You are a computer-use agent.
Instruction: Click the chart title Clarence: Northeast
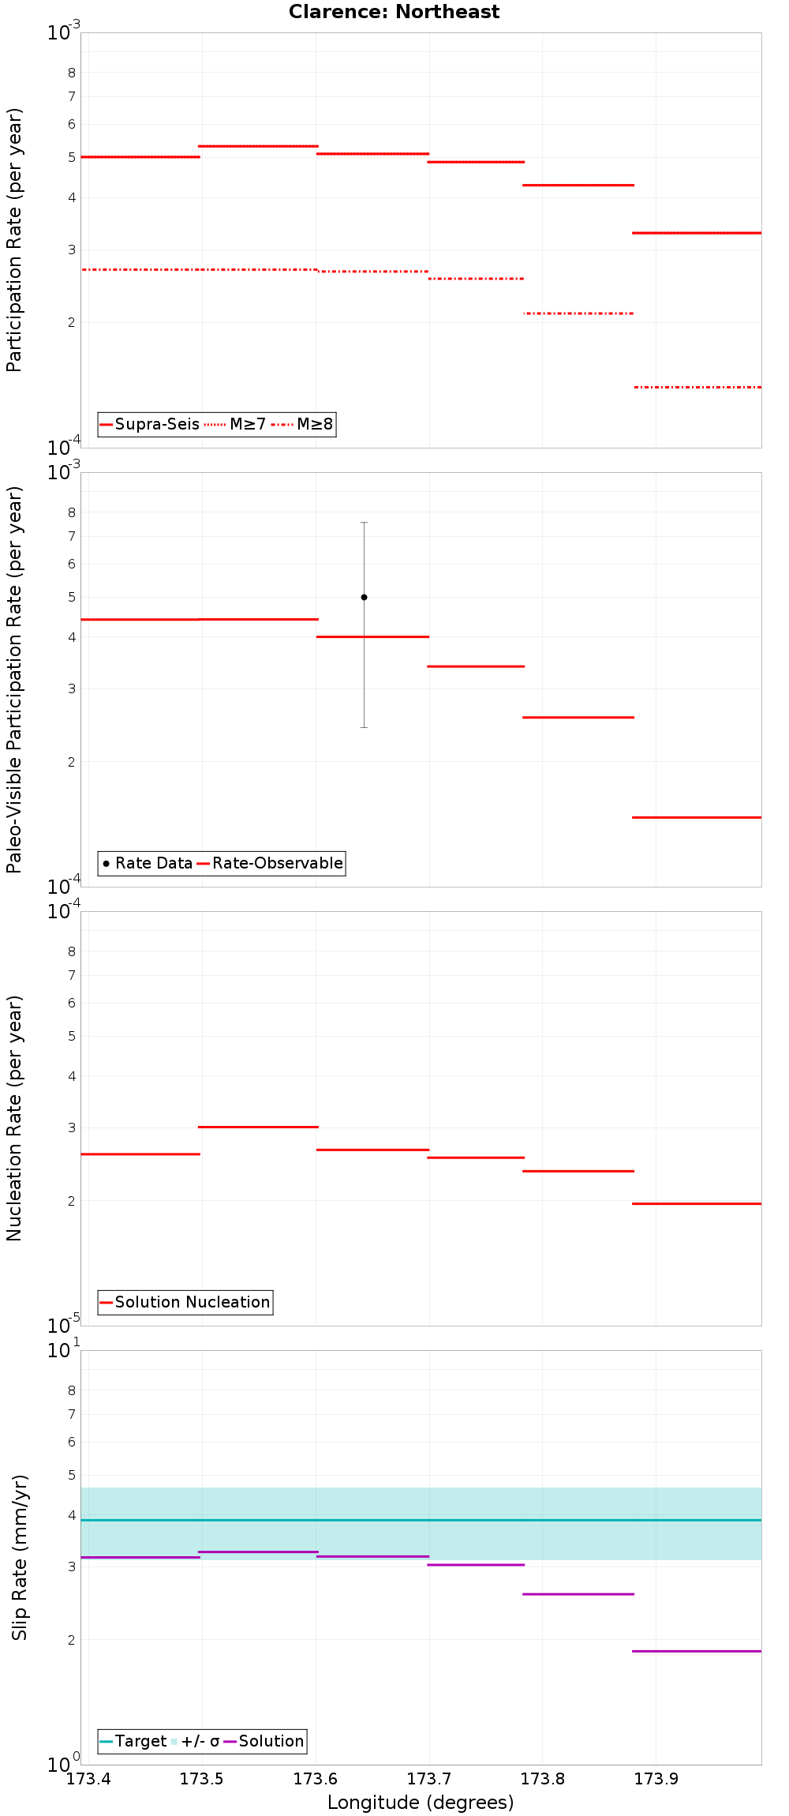pyautogui.click(x=394, y=12)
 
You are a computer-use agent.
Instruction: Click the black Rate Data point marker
pyautogui.click(x=364, y=597)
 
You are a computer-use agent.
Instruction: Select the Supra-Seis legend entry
pyautogui.click(x=150, y=424)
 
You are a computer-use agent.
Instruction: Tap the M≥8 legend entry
pyautogui.click(x=304, y=424)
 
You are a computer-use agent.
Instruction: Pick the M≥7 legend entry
pyautogui.click(x=236, y=424)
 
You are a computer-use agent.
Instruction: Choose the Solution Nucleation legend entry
pyautogui.click(x=185, y=1302)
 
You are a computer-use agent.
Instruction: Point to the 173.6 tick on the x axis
pyautogui.click(x=316, y=1778)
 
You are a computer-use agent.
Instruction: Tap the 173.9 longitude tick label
pyautogui.click(x=656, y=1778)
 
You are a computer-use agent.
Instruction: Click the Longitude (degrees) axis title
pyautogui.click(x=421, y=1803)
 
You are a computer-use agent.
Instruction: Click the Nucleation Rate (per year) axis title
pyautogui.click(x=15, y=1118)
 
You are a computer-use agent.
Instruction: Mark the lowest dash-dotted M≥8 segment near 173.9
pyautogui.click(x=697, y=387)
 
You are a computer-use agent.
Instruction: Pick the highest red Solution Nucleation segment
pyautogui.click(x=258, y=1127)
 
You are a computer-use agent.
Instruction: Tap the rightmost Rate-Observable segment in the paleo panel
pyautogui.click(x=697, y=817)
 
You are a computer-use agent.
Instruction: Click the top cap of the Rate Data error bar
pyautogui.click(x=364, y=523)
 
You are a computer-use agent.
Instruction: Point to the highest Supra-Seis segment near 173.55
pyautogui.click(x=258, y=146)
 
